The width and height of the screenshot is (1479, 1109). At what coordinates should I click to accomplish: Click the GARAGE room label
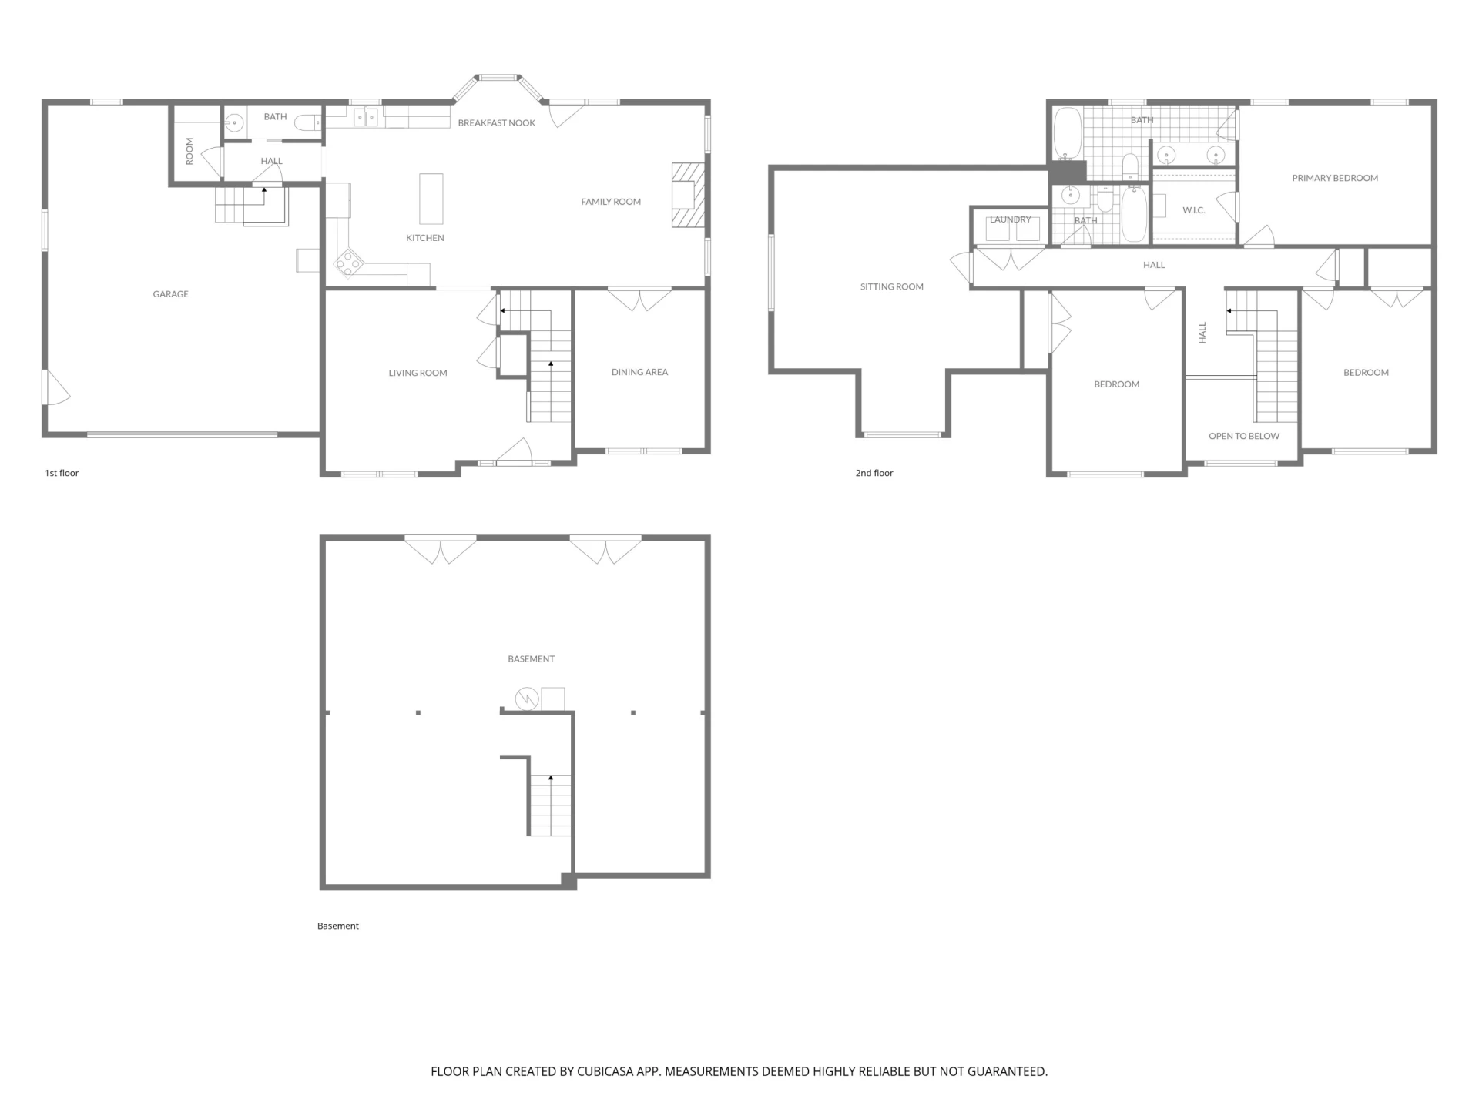point(170,294)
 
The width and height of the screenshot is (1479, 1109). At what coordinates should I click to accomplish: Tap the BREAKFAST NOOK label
point(496,123)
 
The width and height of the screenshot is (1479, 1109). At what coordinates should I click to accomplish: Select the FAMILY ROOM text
point(611,202)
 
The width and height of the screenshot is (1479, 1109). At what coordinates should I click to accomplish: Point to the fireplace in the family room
point(688,195)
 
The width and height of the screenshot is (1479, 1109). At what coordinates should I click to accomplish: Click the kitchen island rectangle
point(431,198)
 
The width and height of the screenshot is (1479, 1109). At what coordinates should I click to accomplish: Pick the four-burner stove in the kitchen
point(348,263)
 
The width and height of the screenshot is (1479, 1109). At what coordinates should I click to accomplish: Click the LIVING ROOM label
point(418,373)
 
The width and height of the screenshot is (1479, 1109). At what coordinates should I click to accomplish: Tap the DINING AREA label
point(639,372)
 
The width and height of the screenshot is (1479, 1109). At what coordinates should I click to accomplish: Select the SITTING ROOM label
point(891,286)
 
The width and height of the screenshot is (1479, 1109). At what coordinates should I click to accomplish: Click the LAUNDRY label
point(1010,219)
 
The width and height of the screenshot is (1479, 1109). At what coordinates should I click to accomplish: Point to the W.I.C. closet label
point(1193,210)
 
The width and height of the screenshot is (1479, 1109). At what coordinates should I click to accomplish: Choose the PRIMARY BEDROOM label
point(1335,178)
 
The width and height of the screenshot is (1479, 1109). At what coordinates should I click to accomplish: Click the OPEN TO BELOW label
point(1244,436)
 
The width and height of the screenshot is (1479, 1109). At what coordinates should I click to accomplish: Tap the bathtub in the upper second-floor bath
point(1068,134)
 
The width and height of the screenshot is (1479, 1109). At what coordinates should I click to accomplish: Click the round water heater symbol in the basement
point(527,699)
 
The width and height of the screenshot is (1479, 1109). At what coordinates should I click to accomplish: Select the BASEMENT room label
point(531,659)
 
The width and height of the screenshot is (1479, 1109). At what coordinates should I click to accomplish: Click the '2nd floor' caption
point(874,473)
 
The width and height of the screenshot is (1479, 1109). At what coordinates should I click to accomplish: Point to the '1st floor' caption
point(62,473)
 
